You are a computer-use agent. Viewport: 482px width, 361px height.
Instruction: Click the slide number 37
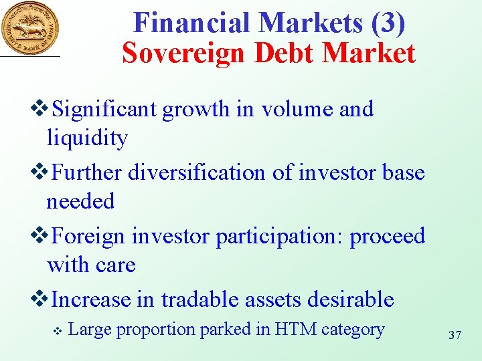[x=455, y=334]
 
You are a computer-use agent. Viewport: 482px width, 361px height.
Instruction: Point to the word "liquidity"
[x=87, y=138]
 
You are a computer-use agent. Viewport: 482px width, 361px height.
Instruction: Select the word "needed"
[x=80, y=201]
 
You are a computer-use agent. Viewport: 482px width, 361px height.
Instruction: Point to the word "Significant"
[x=106, y=109]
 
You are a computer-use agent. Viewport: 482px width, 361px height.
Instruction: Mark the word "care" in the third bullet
[x=116, y=265]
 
